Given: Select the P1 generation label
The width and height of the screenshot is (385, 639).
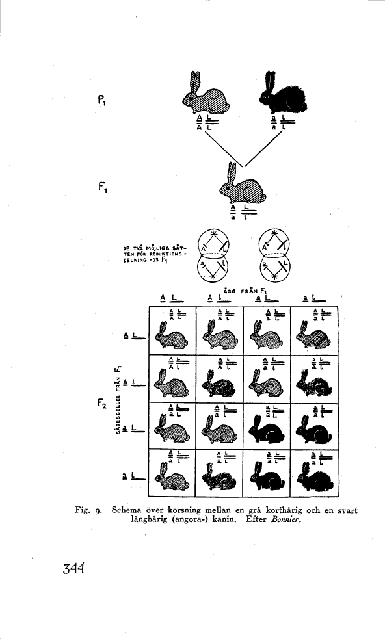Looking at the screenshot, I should pyautogui.click(x=103, y=101).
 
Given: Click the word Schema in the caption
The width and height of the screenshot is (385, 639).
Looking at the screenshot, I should pyautogui.click(x=130, y=511).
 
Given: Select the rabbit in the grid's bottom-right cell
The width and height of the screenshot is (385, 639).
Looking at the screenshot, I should pyautogui.click(x=314, y=479).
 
